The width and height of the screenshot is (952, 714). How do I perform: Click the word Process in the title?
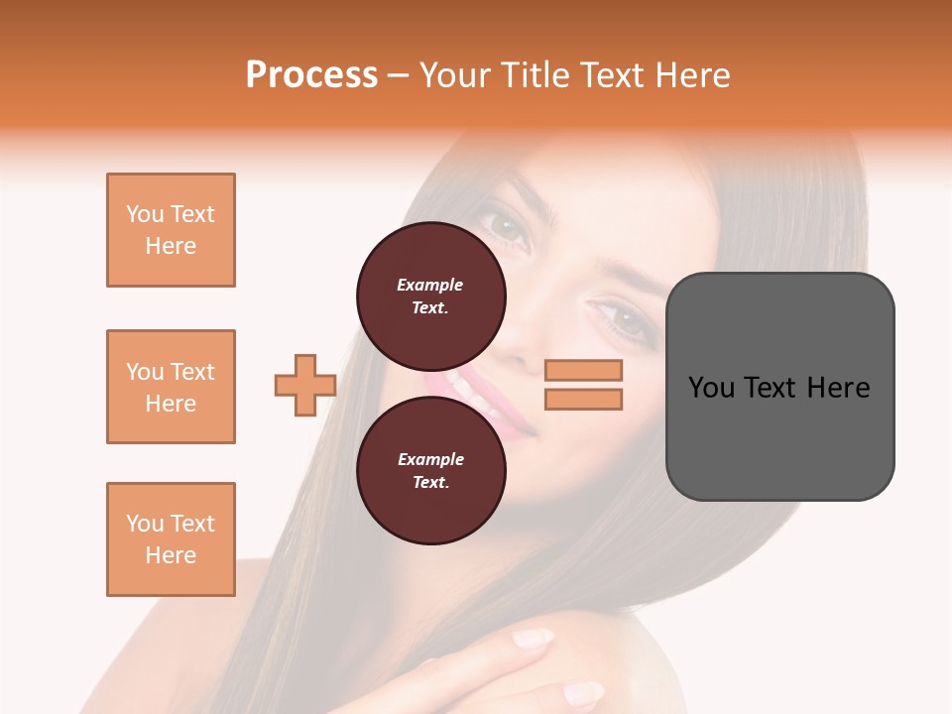click(311, 75)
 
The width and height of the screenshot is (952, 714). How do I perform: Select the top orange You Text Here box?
click(171, 230)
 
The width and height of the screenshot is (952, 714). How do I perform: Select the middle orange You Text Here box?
click(171, 387)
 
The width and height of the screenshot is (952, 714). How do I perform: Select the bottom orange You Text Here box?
click(171, 539)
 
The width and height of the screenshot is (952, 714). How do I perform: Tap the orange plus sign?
click(305, 386)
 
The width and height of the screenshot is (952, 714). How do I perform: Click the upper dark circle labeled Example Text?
click(430, 296)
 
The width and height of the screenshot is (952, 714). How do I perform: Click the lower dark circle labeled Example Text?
click(430, 470)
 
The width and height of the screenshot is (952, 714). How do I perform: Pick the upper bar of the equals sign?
click(584, 371)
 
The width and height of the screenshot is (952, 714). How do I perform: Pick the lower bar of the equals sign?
click(584, 400)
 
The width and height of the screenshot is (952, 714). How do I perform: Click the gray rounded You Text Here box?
click(779, 387)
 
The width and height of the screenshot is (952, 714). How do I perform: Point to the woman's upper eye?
click(507, 227)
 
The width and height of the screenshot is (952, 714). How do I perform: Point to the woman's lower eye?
click(624, 319)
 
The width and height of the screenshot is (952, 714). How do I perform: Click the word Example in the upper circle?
click(429, 285)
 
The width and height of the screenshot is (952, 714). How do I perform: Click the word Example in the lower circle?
click(430, 459)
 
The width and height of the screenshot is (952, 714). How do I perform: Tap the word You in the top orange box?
click(144, 214)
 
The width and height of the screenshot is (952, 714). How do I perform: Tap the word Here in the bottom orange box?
click(171, 555)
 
